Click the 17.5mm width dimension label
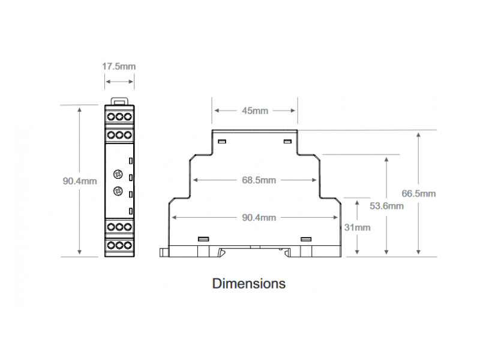click(119, 67)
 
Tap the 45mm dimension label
click(255, 110)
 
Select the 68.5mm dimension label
click(259, 180)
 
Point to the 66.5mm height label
click(418, 193)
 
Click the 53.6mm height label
click(386, 206)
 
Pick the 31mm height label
click(357, 227)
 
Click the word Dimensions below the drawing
click(249, 283)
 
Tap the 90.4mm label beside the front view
click(80, 181)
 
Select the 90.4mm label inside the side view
click(259, 218)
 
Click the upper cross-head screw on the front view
click(118, 175)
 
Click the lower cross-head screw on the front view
click(118, 191)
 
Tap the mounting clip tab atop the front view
click(119, 101)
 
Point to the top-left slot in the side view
click(222, 141)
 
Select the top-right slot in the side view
click(287, 141)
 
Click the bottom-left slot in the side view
click(203, 239)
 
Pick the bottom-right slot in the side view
click(306, 239)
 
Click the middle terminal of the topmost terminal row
click(119, 116)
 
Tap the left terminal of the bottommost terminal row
click(111, 245)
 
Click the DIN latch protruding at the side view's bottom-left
click(164, 252)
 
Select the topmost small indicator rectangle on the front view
click(131, 161)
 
